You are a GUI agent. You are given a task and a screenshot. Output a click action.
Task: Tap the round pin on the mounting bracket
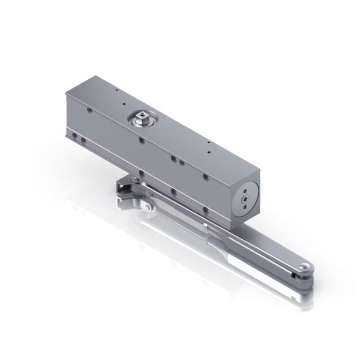coord(149,206)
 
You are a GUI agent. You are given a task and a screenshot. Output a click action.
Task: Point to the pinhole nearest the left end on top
coord(115,91)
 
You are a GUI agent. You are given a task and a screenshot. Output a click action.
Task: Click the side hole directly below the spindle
coord(141,140)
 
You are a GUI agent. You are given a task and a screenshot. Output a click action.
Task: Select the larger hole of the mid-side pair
coord(173,157)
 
